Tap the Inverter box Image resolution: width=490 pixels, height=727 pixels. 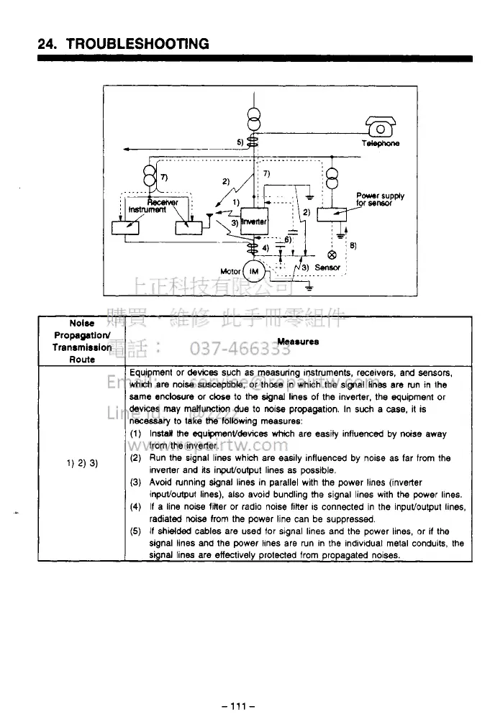click(253, 221)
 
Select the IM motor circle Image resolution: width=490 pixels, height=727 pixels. click(253, 272)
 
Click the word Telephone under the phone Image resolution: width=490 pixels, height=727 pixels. click(381, 143)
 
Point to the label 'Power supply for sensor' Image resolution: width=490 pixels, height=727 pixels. click(380, 199)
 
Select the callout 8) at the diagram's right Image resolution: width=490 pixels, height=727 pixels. click(352, 245)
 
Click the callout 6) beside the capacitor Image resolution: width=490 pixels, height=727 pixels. click(287, 238)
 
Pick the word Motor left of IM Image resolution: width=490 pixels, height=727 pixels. click(230, 273)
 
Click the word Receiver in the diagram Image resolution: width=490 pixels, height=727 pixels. click(163, 202)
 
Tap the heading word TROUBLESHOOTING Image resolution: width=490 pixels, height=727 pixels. click(137, 44)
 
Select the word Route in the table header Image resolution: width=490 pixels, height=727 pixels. click(81, 359)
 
